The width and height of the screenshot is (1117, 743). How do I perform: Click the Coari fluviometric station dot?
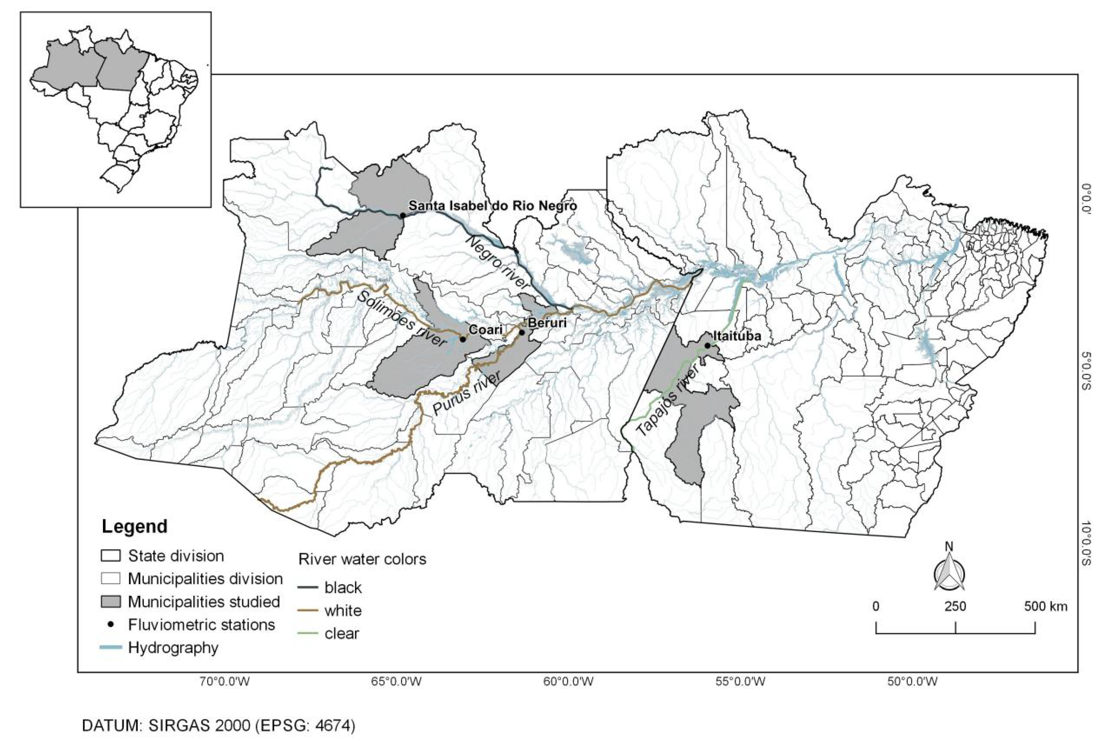(463, 339)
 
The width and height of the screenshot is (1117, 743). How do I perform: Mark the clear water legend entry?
(342, 634)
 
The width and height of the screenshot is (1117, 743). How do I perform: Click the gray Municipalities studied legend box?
(111, 602)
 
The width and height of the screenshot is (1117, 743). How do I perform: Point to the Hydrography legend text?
(173, 648)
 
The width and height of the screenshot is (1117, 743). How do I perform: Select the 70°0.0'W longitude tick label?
(225, 682)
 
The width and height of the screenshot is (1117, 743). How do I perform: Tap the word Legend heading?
(135, 526)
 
